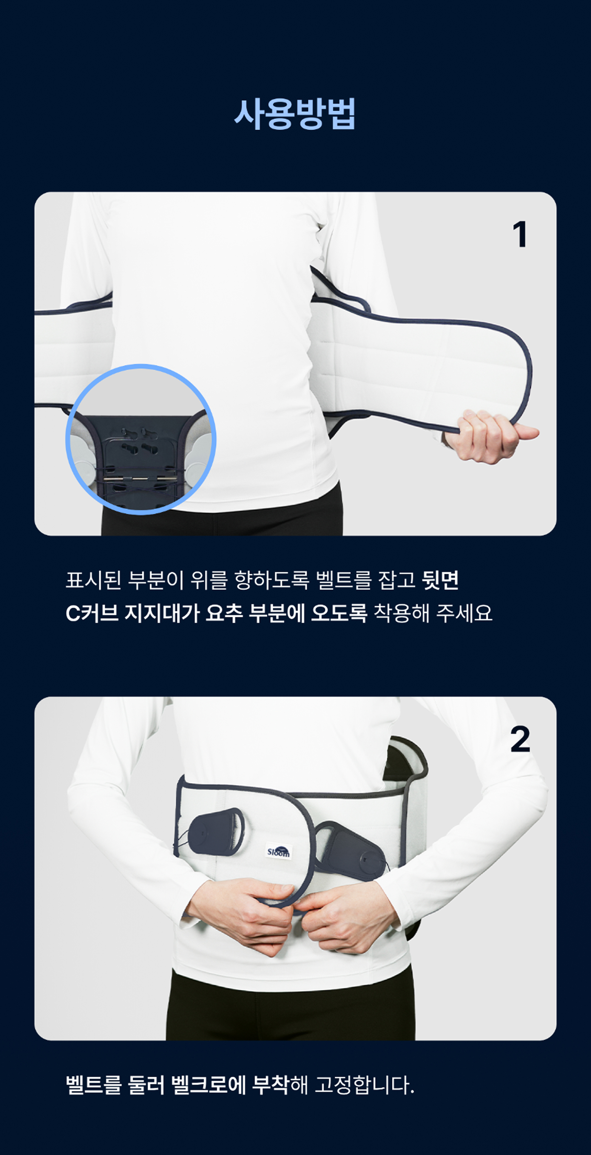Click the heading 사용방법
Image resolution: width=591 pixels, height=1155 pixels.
(x=295, y=114)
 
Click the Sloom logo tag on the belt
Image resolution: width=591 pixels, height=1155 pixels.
(x=278, y=851)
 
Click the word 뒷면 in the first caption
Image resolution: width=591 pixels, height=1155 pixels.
(x=440, y=580)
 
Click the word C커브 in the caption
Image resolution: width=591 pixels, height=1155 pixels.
(x=92, y=613)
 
